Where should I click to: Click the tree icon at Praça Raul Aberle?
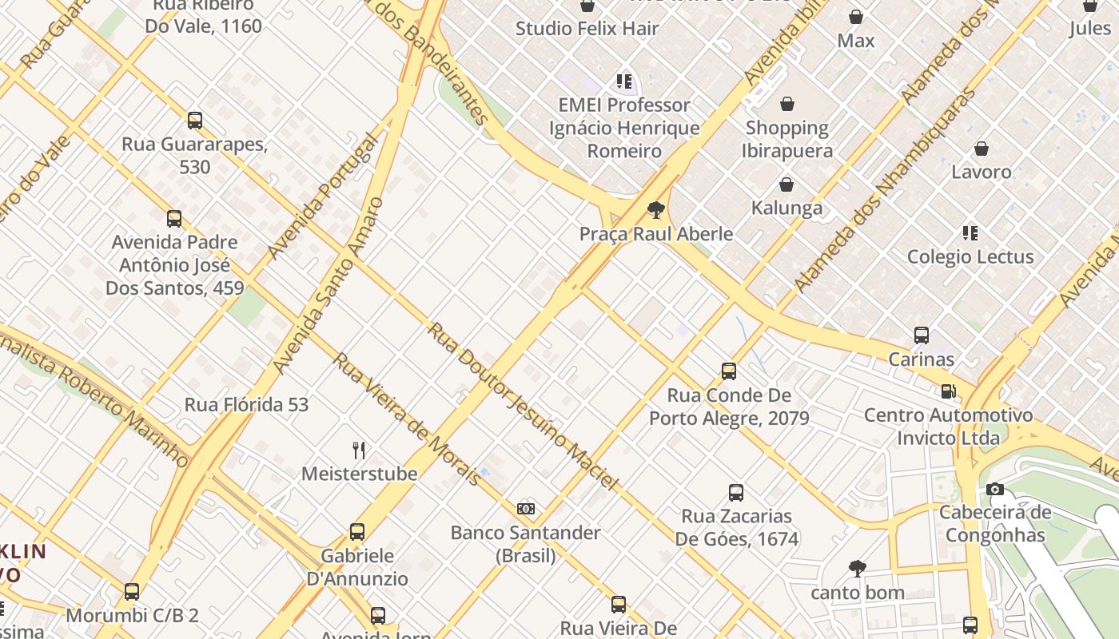(656, 211)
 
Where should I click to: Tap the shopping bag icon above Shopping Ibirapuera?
(787, 104)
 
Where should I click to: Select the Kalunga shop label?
(786, 208)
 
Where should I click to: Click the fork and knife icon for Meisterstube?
(359, 450)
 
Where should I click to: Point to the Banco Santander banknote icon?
(525, 509)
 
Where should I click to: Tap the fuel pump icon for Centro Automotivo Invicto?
(949, 391)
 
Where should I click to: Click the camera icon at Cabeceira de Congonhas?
(994, 490)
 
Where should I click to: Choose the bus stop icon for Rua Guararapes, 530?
(194, 121)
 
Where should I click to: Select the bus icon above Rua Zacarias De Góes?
(736, 493)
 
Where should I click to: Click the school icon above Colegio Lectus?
(970, 233)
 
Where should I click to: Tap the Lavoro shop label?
(981, 172)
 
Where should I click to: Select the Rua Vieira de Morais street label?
(407, 419)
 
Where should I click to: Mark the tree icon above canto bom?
(858, 569)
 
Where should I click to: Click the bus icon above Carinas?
(922, 335)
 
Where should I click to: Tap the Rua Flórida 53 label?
(246, 405)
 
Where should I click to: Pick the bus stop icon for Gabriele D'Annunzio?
(357, 532)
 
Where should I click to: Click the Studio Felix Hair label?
(587, 29)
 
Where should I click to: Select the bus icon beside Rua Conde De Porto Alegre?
(729, 371)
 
